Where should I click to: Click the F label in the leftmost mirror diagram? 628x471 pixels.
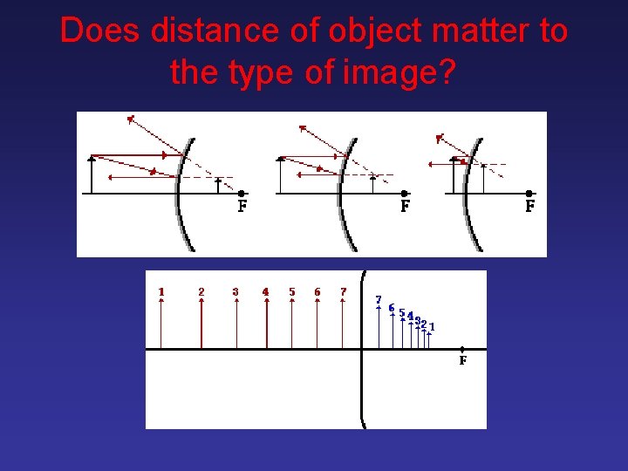pyautogui.click(x=242, y=208)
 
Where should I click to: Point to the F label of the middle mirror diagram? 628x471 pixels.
pyautogui.click(x=405, y=208)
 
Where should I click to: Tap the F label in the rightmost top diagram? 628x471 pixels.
pyautogui.click(x=529, y=208)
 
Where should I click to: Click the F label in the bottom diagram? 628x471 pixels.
pyautogui.click(x=462, y=360)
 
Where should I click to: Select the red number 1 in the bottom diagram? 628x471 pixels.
pyautogui.click(x=161, y=291)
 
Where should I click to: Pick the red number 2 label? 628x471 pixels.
pyautogui.click(x=201, y=291)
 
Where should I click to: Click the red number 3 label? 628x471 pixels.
pyautogui.click(x=235, y=291)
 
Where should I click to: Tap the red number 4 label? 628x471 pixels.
pyautogui.click(x=266, y=291)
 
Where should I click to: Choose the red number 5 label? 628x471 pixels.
pyautogui.click(x=292, y=291)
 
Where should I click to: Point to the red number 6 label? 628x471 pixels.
pyautogui.click(x=317, y=291)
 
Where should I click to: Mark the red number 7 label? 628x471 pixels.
pyautogui.click(x=344, y=291)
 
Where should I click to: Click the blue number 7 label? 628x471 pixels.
pyautogui.click(x=379, y=300)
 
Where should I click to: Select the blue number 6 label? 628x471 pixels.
pyautogui.click(x=392, y=308)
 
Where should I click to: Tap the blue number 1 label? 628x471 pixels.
pyautogui.click(x=432, y=327)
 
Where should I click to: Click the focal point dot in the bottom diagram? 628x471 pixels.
pyautogui.click(x=462, y=349)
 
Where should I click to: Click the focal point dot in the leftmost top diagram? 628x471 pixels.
pyautogui.click(x=242, y=194)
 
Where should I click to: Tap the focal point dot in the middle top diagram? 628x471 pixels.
pyautogui.click(x=404, y=194)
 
